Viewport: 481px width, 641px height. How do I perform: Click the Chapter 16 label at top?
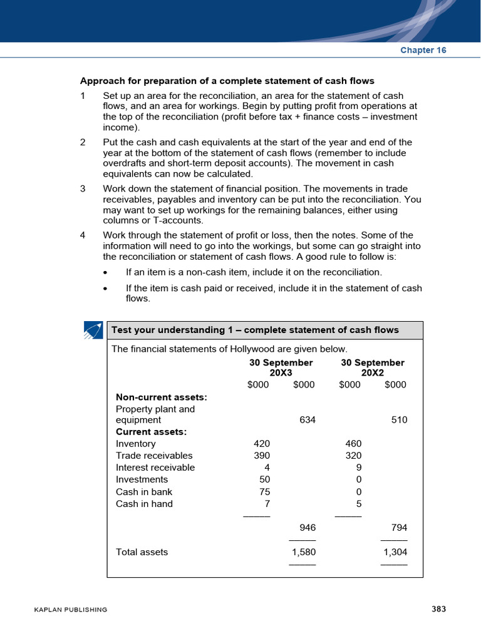pyautogui.click(x=423, y=51)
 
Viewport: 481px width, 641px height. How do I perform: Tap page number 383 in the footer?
pyautogui.click(x=438, y=609)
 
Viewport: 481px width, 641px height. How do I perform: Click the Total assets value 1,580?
pyautogui.click(x=304, y=552)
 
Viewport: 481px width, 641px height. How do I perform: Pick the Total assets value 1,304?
pyautogui.click(x=395, y=552)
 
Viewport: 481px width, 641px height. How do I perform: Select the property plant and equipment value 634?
pyautogui.click(x=308, y=420)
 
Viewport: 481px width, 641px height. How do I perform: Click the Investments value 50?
pyautogui.click(x=264, y=479)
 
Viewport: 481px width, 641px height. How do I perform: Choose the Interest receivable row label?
pyautogui.click(x=155, y=468)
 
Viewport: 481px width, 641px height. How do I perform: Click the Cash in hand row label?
pyautogui.click(x=144, y=504)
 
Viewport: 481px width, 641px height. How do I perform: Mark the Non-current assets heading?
pyautogui.click(x=162, y=397)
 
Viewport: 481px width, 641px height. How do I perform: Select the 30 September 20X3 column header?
pyautogui.click(x=281, y=368)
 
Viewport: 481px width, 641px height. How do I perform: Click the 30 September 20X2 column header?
pyautogui.click(x=373, y=368)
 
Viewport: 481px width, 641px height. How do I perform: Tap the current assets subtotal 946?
pyautogui.click(x=307, y=528)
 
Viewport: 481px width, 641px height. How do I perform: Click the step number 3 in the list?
pyautogui.click(x=83, y=188)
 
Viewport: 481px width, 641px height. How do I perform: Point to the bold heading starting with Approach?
pyautogui.click(x=227, y=81)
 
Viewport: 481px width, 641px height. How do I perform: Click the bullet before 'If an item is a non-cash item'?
pyautogui.click(x=105, y=272)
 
